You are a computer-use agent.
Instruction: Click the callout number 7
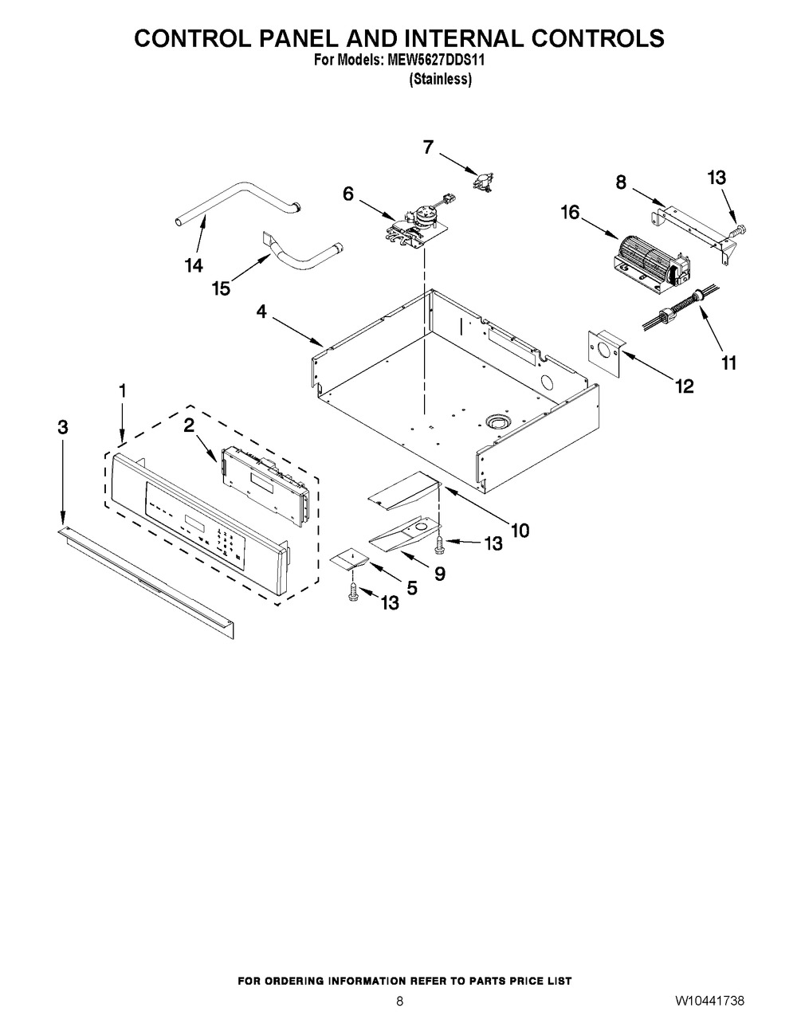point(428,147)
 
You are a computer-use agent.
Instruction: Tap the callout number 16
point(570,212)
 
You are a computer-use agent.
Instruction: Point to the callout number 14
point(194,265)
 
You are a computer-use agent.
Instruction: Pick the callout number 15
point(221,288)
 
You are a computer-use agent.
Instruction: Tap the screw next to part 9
point(439,545)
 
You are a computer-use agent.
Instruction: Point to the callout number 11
point(728,363)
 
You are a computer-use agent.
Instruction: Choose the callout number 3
point(63,427)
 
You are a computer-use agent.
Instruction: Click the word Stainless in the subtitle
point(441,79)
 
